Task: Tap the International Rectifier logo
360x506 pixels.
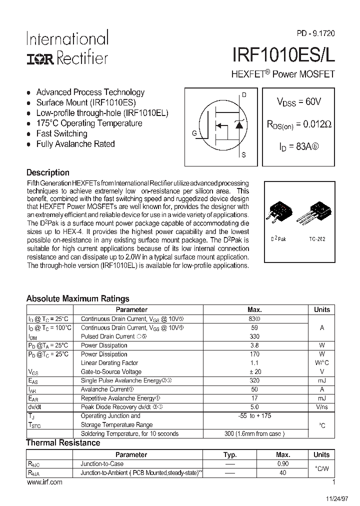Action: (x=67, y=48)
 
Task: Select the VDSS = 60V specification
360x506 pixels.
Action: (x=299, y=102)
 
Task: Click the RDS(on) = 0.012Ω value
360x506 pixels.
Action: (x=299, y=124)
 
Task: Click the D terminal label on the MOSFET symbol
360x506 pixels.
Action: (x=244, y=95)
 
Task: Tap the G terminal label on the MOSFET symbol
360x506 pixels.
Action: (x=194, y=133)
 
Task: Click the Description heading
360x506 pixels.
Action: (x=47, y=172)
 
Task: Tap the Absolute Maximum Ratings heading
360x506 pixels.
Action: (x=77, y=298)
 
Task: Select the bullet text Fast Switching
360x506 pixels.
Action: (x=61, y=133)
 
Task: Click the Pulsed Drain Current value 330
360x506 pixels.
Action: (x=254, y=336)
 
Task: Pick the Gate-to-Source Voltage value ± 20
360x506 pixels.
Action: (x=254, y=371)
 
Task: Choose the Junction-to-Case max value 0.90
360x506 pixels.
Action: (x=282, y=463)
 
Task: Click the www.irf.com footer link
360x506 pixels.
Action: (x=44, y=482)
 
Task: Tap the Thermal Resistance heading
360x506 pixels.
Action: (x=63, y=442)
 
